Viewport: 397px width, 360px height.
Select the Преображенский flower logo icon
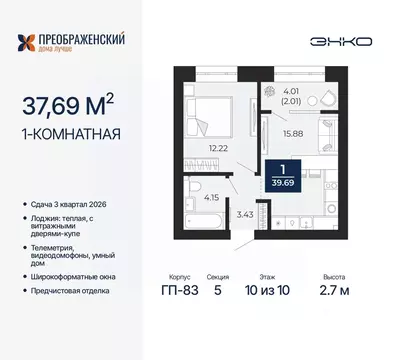point(31,42)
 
